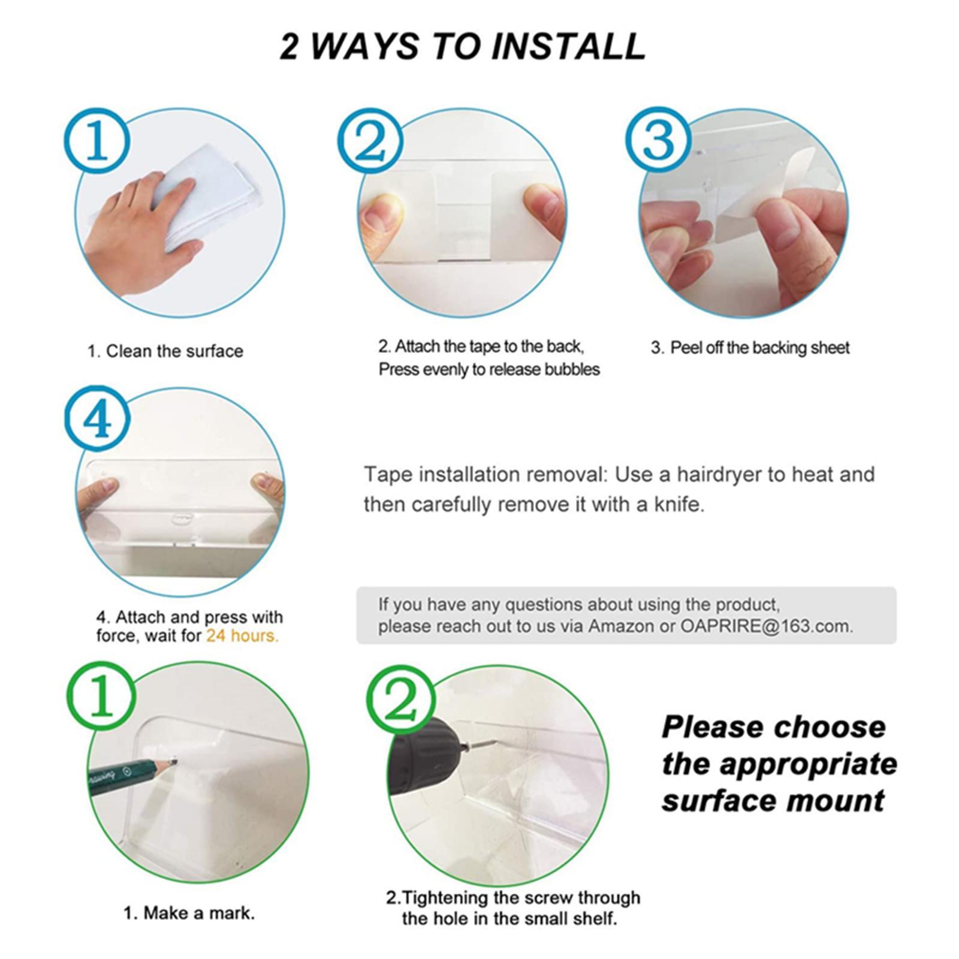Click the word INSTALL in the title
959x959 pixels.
pos(568,46)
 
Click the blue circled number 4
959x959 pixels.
pos(97,420)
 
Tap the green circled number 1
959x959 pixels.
pos(100,696)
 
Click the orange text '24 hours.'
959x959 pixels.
pos(242,635)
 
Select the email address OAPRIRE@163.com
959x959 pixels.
pos(766,626)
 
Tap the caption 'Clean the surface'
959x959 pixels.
pos(174,351)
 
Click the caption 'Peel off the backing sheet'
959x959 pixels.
pos(759,348)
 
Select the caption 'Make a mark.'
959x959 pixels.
pos(198,913)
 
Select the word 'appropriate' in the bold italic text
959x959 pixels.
pos(808,765)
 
